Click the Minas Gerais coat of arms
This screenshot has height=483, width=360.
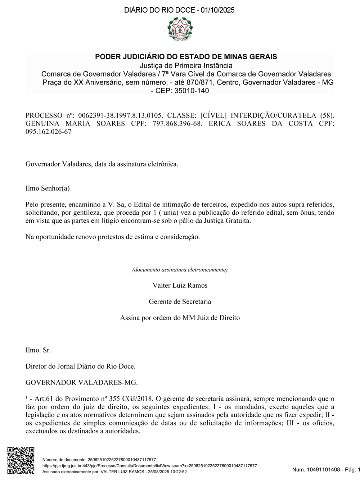[x=180, y=28]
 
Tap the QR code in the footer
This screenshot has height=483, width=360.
[x=21, y=460]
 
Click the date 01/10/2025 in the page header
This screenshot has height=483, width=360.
[x=217, y=10]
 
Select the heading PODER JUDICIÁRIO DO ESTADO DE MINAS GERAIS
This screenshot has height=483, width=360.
[x=186, y=56]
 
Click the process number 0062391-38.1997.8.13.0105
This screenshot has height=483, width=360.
[x=120, y=115]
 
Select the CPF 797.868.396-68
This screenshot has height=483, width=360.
[x=177, y=123]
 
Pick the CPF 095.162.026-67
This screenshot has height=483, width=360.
[x=48, y=132]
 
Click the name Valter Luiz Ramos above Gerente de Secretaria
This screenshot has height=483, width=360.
[x=180, y=285]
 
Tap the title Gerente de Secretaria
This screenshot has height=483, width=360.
[x=180, y=301]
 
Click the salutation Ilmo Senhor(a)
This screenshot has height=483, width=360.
[x=48, y=188]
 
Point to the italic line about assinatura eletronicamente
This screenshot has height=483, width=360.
[x=180, y=269]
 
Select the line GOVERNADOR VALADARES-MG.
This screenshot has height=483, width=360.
[x=82, y=382]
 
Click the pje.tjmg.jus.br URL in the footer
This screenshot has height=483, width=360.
[x=150, y=466]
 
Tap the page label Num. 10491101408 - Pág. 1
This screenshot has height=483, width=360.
[x=326, y=469]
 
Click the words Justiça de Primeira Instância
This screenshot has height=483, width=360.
[x=186, y=65]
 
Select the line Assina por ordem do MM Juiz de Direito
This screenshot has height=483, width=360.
[x=180, y=318]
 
